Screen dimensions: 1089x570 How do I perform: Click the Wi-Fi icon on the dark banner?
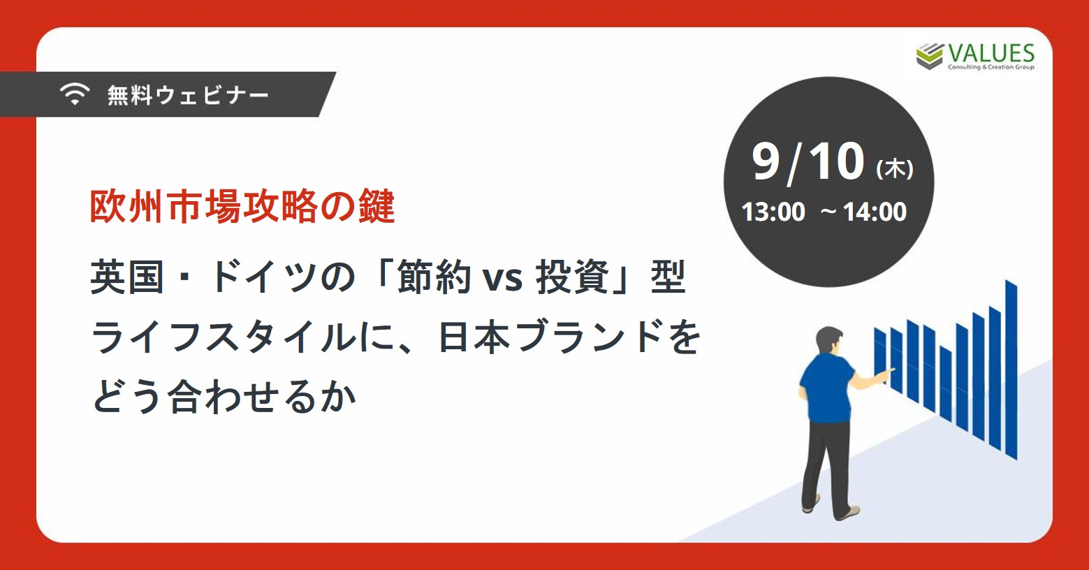75,94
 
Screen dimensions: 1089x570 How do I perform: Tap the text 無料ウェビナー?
188,94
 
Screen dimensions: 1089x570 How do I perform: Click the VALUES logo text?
991,54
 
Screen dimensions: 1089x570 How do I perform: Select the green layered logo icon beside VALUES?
930,57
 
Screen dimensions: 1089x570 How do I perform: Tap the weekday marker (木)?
895,169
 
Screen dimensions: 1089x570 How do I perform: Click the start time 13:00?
773,212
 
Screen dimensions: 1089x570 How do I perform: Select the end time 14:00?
875,212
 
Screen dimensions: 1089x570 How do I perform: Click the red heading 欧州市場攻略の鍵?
242,207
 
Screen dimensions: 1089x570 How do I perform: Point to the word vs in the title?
502,279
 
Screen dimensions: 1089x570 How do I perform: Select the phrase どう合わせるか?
224,396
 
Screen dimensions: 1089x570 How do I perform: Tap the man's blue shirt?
826,387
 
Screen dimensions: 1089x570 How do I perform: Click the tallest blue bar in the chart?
1011,370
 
